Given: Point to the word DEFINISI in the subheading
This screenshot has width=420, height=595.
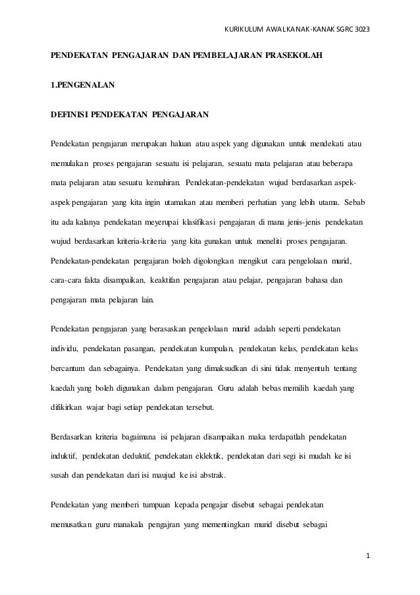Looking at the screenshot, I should (x=68, y=117).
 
